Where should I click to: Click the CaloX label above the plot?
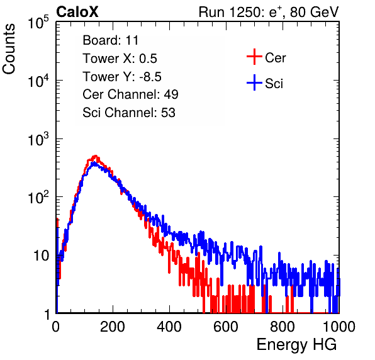click(x=77, y=12)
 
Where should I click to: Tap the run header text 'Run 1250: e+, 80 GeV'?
click(x=269, y=12)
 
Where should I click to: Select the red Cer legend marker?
click(x=254, y=57)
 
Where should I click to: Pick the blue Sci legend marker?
click(x=254, y=83)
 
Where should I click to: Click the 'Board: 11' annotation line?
click(x=111, y=40)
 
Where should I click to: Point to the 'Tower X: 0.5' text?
click(x=120, y=59)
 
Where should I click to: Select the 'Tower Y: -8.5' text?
click(x=122, y=77)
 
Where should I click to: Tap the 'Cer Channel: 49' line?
click(x=130, y=94)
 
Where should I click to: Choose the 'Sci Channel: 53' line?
click(x=129, y=113)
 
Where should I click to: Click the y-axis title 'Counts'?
click(x=9, y=49)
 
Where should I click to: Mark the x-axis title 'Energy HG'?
click(x=296, y=345)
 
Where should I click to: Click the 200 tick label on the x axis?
click(x=113, y=327)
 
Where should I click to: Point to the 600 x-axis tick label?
click(x=226, y=327)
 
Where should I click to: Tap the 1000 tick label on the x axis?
click(x=339, y=327)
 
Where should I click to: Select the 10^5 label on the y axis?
click(x=38, y=23)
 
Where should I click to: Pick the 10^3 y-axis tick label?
click(x=38, y=140)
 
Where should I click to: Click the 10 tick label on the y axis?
click(x=41, y=256)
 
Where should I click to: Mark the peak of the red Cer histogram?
click(x=96, y=156)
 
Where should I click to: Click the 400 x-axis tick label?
click(x=169, y=327)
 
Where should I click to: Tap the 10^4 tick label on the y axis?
click(x=38, y=81)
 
